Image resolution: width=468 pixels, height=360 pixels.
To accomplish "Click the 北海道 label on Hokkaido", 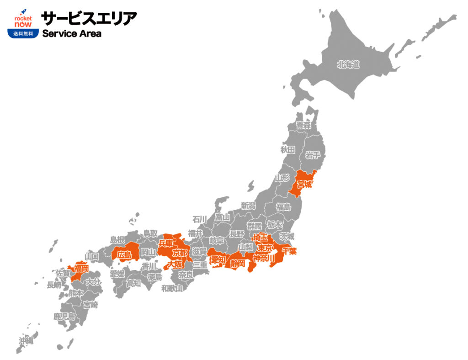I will click(349, 65).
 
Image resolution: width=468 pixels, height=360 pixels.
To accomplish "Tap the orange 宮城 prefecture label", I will click(304, 185).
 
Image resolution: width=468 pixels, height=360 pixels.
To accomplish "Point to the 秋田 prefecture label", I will click(288, 149).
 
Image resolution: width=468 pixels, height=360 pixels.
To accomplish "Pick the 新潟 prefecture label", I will click(249, 206).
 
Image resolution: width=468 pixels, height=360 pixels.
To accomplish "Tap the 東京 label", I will click(265, 248).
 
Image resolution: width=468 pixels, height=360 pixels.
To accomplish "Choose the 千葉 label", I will click(289, 250).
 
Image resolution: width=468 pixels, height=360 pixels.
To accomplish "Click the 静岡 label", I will click(238, 263).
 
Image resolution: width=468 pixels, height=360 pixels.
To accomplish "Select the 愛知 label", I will click(218, 259).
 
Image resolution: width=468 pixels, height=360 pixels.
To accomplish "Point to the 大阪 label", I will click(175, 264).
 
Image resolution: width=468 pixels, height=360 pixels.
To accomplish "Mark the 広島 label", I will click(124, 255).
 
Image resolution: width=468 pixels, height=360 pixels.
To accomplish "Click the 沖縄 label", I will click(26, 341).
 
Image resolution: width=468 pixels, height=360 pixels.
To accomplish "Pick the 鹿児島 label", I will click(64, 316).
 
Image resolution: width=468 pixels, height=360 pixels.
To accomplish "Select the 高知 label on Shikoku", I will click(133, 283).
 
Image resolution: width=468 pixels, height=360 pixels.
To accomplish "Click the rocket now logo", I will click(23, 18).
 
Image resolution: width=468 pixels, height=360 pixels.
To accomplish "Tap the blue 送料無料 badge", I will click(23, 33).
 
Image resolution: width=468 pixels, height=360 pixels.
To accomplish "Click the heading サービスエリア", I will click(89, 18).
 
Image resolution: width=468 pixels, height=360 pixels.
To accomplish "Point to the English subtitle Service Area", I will click(72, 34).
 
